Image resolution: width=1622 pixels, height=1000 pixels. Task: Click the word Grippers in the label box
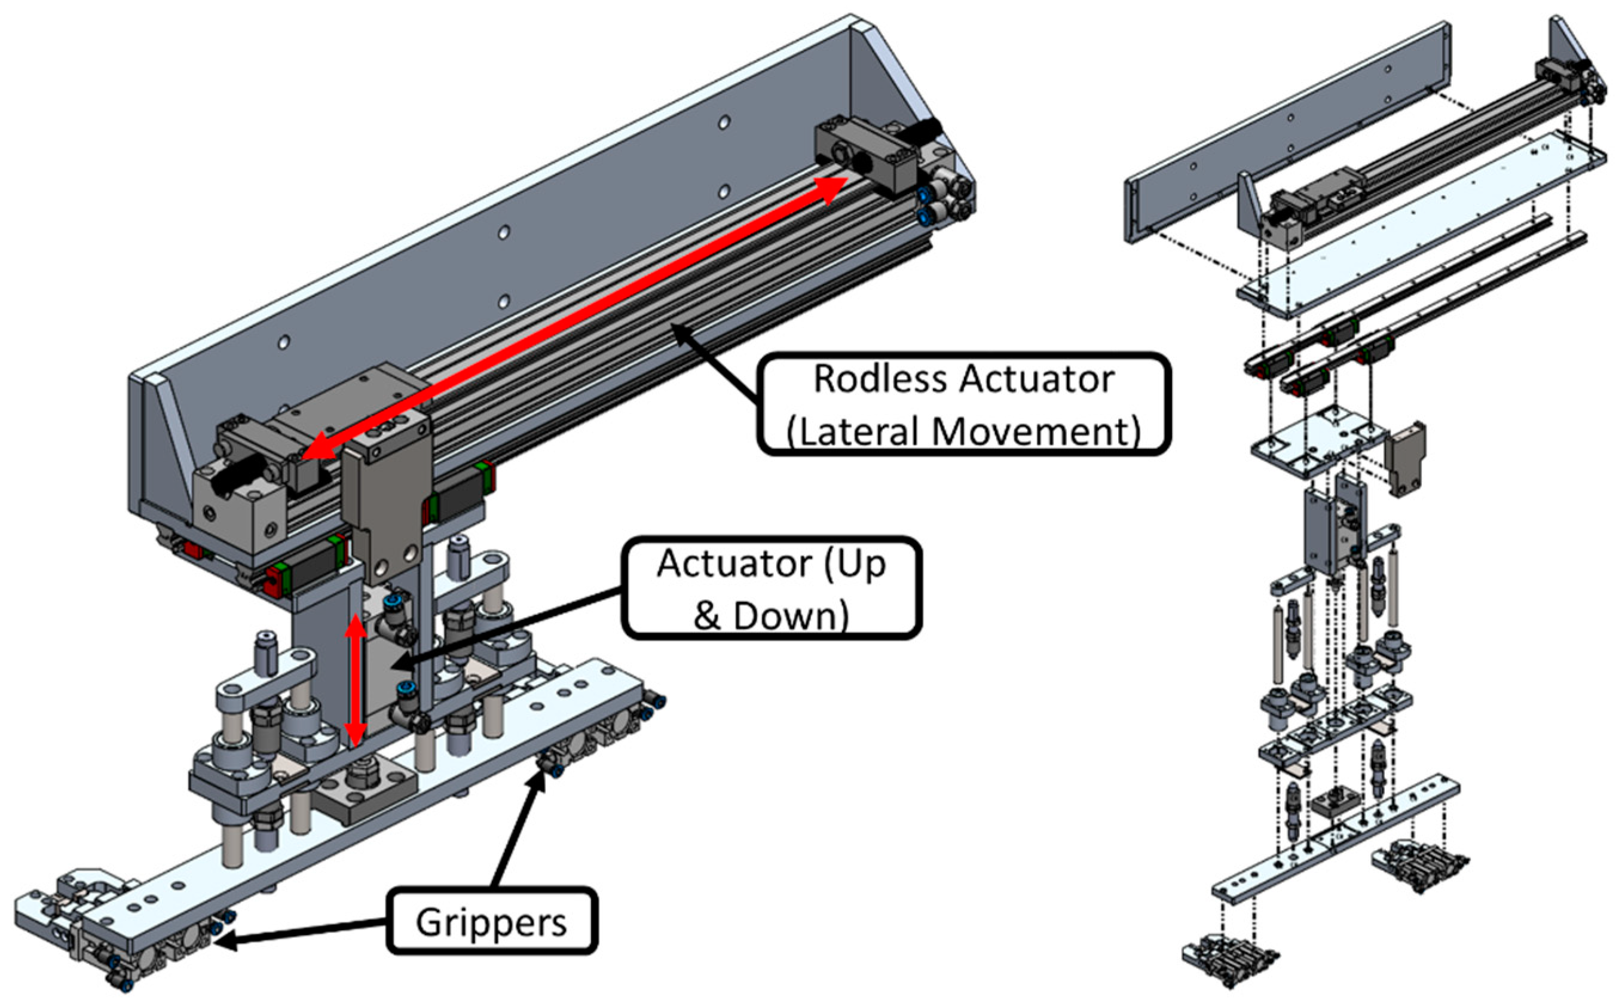pyautogui.click(x=491, y=922)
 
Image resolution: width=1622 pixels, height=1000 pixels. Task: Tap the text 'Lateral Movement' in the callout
pyautogui.click(x=964, y=431)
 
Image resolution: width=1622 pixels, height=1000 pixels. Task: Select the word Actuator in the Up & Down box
pyautogui.click(x=735, y=563)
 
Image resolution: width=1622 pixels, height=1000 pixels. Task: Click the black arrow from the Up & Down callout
pyautogui.click(x=509, y=629)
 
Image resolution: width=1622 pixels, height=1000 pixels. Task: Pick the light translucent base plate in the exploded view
pyautogui.click(x=1422, y=225)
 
